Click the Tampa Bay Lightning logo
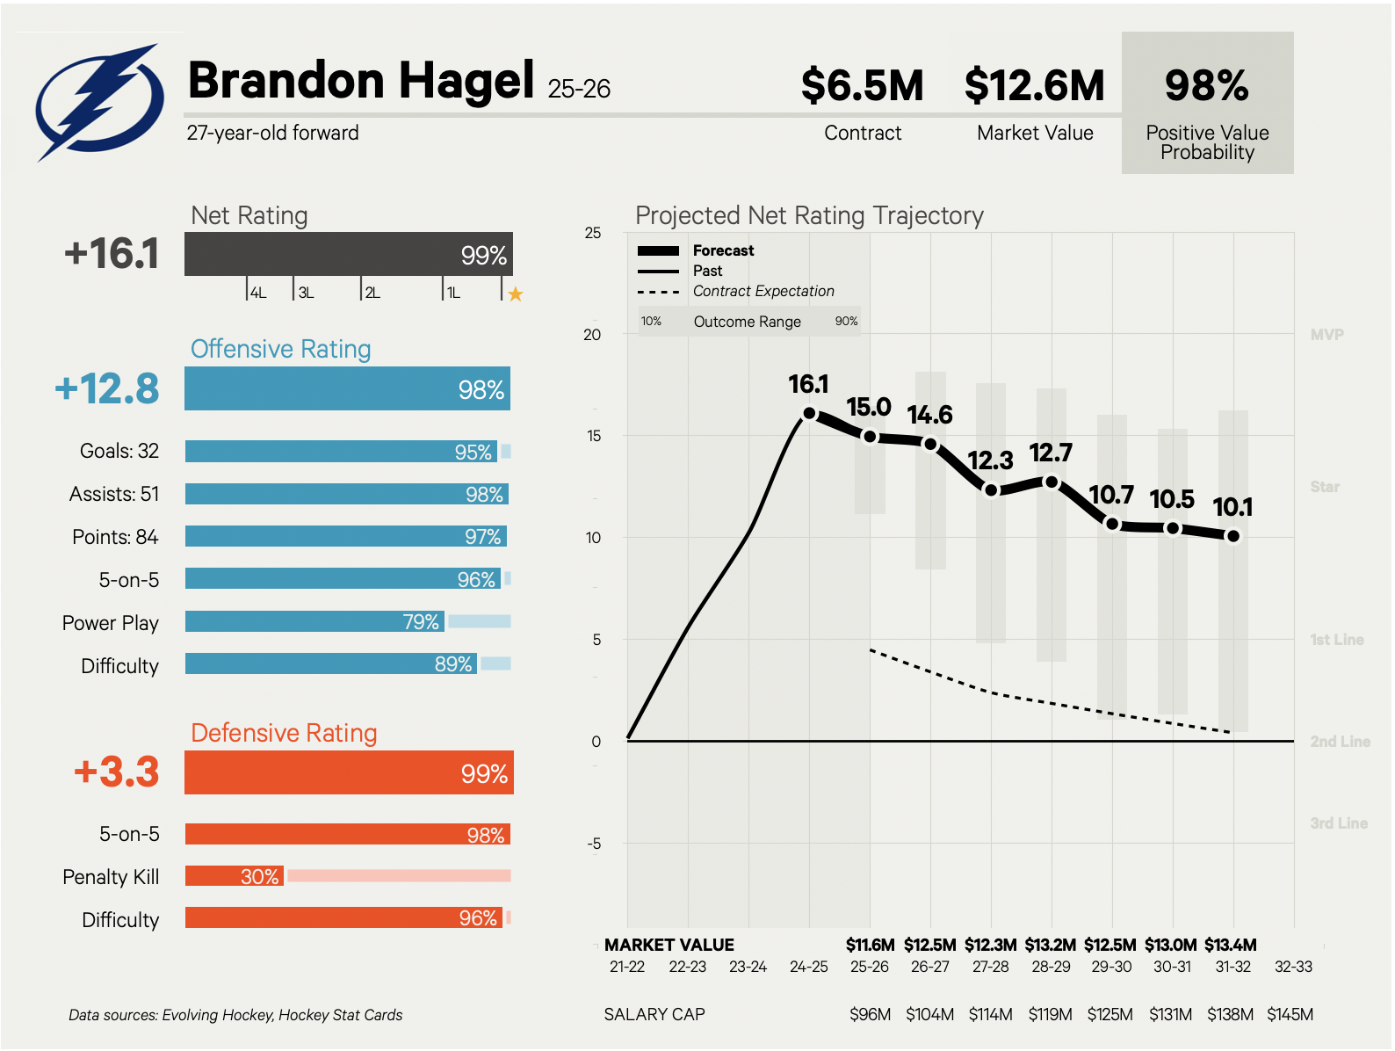tap(98, 102)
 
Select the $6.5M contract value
tap(862, 86)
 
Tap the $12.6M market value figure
tap(1034, 86)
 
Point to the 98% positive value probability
tap(1206, 86)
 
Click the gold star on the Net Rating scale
tap(516, 294)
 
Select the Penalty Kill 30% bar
tap(235, 876)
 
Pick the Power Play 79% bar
tap(314, 622)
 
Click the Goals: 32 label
tap(119, 452)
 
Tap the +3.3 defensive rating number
tap(116, 772)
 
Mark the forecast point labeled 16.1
tap(809, 413)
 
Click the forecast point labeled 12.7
tap(1052, 482)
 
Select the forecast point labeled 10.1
tap(1233, 536)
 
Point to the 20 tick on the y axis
tap(593, 335)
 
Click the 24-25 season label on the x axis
tap(809, 967)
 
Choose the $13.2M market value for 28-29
tap(1051, 946)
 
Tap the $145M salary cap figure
tap(1290, 1015)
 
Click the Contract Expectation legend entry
tap(763, 292)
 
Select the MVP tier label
tap(1326, 335)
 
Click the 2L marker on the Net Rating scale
tap(372, 293)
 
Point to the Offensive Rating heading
tap(281, 350)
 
